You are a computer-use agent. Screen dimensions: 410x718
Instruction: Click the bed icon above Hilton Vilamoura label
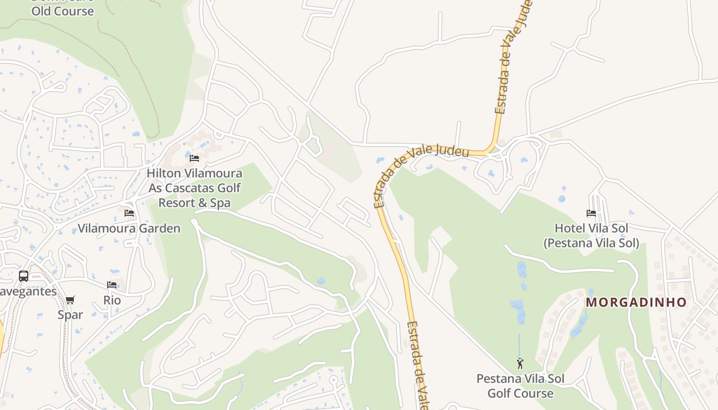pyautogui.click(x=194, y=158)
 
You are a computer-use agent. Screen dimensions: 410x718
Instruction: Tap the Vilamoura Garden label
pyautogui.click(x=129, y=228)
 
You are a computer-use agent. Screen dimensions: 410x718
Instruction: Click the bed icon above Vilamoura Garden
pyautogui.click(x=129, y=213)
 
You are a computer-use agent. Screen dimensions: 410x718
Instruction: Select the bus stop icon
pyautogui.click(x=24, y=276)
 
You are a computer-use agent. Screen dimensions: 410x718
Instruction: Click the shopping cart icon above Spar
pyautogui.click(x=70, y=300)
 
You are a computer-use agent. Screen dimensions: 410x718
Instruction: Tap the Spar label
pyautogui.click(x=70, y=314)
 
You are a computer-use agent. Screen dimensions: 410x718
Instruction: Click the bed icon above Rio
pyautogui.click(x=112, y=285)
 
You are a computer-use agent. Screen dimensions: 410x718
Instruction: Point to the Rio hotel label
pyautogui.click(x=112, y=300)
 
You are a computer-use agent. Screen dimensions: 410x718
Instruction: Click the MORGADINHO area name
pyautogui.click(x=636, y=302)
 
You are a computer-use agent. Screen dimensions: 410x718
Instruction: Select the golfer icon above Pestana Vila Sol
pyautogui.click(x=520, y=363)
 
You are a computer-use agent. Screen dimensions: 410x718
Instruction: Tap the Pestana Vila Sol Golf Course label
pyautogui.click(x=520, y=386)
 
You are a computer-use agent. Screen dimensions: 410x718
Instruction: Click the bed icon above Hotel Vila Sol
pyautogui.click(x=591, y=213)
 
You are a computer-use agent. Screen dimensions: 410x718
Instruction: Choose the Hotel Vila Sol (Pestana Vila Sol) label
pyautogui.click(x=591, y=235)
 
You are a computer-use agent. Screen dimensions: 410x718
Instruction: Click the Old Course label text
pyautogui.click(x=63, y=11)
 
